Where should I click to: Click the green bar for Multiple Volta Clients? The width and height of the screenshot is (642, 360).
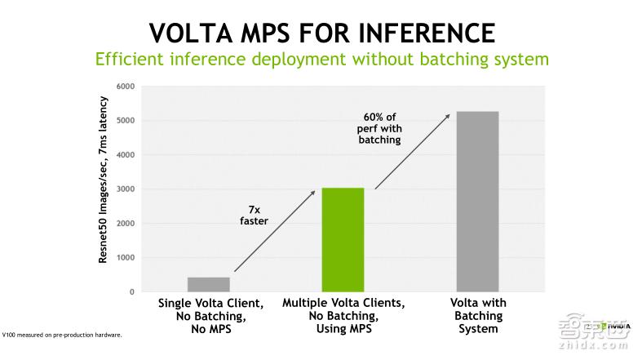(x=343, y=239)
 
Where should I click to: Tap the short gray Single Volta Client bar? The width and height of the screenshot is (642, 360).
(x=208, y=284)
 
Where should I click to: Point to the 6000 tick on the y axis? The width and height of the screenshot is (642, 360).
(x=126, y=87)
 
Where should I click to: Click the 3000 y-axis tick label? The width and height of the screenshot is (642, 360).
(x=126, y=189)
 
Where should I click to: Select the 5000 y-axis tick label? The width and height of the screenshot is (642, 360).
(x=126, y=121)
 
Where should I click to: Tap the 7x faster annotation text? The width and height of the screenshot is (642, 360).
(x=254, y=215)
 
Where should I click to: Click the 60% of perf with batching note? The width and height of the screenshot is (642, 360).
(x=380, y=127)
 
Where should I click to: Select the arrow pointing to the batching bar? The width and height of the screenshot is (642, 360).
(x=412, y=151)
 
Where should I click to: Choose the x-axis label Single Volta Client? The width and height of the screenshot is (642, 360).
(x=209, y=315)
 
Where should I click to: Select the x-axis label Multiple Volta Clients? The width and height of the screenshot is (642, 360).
(x=343, y=315)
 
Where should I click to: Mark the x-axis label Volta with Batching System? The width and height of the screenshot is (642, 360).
(x=478, y=315)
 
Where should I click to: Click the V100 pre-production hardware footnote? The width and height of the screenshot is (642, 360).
(x=62, y=335)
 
